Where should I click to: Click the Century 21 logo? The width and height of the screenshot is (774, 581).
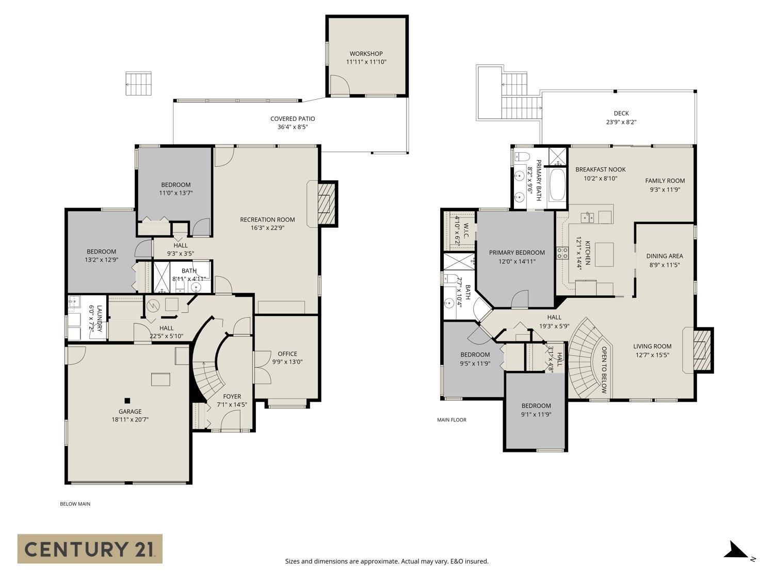(x=90, y=548)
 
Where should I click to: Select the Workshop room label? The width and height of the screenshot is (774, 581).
(x=366, y=54)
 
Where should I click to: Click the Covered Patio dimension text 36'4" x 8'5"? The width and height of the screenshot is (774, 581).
(x=292, y=127)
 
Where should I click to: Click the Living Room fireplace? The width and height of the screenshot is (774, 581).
(x=701, y=350)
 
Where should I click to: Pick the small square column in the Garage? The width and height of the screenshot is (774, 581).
(x=127, y=400)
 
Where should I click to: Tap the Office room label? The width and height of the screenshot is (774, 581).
(x=287, y=354)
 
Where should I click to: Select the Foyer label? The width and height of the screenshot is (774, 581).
(x=232, y=397)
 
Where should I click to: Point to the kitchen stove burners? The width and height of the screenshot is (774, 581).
(x=562, y=253)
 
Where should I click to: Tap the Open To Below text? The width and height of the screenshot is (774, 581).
(x=604, y=369)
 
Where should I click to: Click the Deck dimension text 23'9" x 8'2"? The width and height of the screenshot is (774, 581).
(x=621, y=122)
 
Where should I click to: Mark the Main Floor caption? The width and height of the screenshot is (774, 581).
(x=451, y=420)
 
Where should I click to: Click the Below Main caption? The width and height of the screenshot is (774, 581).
(x=75, y=504)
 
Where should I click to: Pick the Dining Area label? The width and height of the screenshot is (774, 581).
(x=665, y=256)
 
